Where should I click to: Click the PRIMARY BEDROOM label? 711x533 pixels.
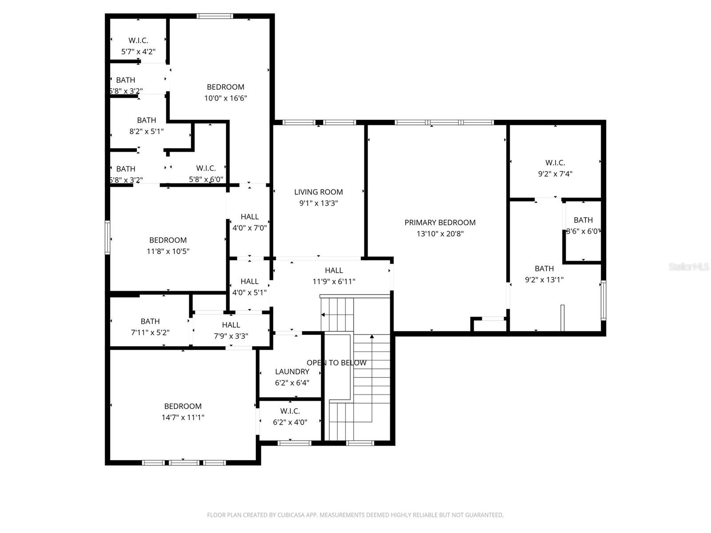[x=440, y=223]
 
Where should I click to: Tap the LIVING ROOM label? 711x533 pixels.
[x=318, y=192]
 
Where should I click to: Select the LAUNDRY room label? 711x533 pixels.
[x=292, y=372]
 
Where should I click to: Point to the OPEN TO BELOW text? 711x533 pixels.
[x=336, y=363]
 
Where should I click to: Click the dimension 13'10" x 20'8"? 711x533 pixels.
[x=440, y=234]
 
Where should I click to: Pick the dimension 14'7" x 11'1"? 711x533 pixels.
[x=183, y=418]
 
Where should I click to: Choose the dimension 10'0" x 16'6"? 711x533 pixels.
[x=225, y=98]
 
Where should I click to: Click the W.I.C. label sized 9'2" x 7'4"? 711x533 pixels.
[x=555, y=163]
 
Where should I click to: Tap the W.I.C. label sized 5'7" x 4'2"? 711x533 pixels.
[x=138, y=40]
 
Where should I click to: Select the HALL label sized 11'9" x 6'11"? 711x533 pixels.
[x=334, y=270]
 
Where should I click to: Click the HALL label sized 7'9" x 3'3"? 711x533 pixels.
[x=231, y=325]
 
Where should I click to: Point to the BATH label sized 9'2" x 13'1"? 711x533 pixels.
[x=544, y=268]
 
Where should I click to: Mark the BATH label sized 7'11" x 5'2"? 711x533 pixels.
[x=150, y=321]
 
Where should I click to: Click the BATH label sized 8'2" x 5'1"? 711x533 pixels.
[x=147, y=120]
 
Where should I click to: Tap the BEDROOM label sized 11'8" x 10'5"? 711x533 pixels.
[x=168, y=240]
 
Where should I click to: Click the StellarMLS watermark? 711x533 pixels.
[x=688, y=267]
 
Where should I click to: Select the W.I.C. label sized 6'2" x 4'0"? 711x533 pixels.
[x=290, y=411]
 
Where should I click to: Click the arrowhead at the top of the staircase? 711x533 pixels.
[x=371, y=337]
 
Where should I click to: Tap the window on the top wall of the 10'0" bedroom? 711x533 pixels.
[x=215, y=16]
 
